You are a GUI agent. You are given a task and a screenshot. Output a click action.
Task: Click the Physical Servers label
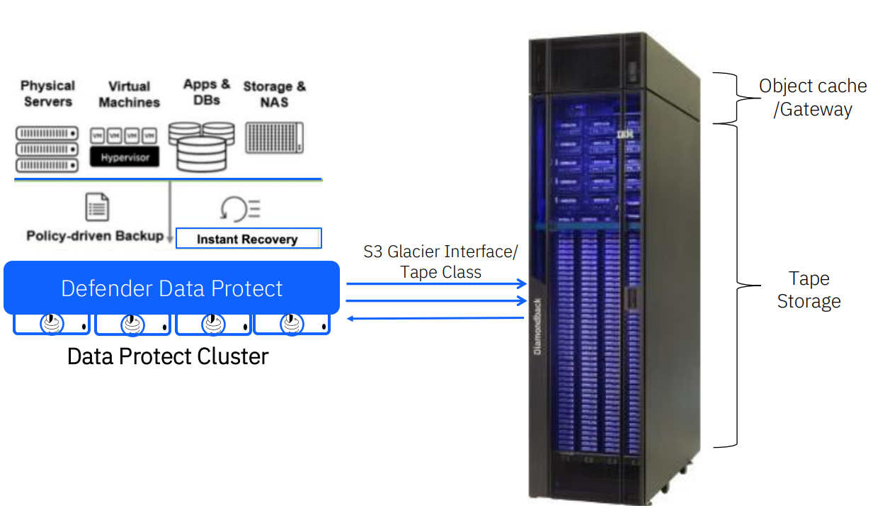pos(47,94)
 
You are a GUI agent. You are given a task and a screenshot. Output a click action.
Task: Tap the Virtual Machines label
pos(129,94)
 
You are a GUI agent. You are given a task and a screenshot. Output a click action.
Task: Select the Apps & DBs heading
pos(206,92)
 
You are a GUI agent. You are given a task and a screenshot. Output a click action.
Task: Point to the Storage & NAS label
pos(275,94)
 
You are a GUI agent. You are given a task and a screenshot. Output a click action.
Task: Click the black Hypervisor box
pos(125,157)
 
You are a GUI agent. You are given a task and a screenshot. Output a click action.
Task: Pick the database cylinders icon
pos(201,147)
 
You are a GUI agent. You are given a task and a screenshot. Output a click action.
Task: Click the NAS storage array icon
pos(274,137)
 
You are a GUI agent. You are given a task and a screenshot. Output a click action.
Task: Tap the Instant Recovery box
pos(248,239)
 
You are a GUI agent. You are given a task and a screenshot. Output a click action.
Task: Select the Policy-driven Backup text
pos(95,236)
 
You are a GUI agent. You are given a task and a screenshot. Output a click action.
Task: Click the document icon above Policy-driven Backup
pos(97,207)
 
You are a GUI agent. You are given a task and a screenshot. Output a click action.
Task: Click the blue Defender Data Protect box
pos(172,288)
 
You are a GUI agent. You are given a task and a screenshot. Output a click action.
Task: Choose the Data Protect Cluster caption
pos(168,356)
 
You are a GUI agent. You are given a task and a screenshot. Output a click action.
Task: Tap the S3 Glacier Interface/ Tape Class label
pos(440,261)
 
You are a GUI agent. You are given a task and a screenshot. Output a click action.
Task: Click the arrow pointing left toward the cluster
pos(437,318)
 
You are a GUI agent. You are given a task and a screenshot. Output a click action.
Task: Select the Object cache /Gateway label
pos(813,97)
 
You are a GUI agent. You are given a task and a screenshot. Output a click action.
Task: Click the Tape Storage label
pos(809,290)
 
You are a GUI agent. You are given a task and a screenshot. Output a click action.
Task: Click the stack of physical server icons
pos(47,149)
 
